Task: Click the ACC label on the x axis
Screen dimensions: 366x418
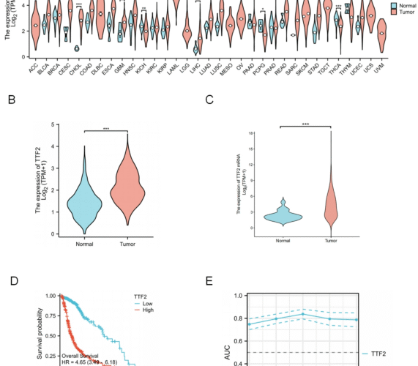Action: tap(31, 67)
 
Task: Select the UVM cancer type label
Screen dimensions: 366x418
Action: tap(380, 67)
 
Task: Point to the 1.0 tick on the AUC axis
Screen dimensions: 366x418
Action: tap(236, 296)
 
